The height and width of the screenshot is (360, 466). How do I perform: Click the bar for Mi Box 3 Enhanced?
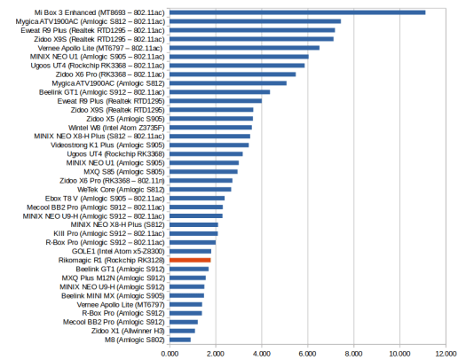pos(297,12)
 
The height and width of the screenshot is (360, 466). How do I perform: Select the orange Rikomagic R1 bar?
pos(190,261)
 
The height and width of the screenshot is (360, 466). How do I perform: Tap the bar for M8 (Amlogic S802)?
pos(180,340)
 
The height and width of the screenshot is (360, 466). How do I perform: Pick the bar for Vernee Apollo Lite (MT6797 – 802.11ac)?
pos(245,48)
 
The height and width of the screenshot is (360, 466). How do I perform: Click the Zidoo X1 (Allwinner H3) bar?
pos(182,331)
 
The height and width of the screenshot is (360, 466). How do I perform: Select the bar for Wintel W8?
pos(210,128)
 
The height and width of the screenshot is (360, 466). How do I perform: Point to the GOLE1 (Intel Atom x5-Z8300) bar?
pos(191,251)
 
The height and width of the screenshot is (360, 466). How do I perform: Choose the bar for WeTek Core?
pos(201,190)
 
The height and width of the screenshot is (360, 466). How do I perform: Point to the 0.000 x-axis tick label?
pos(170,354)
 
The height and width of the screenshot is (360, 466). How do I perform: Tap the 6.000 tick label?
pos(308,354)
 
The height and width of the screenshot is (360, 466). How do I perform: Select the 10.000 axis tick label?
pos(400,354)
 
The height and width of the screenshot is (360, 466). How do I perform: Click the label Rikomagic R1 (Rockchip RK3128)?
pos(112,261)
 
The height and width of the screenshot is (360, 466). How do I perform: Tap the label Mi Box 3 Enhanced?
pos(65,12)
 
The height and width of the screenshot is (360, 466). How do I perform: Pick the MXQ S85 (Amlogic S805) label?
pos(124,172)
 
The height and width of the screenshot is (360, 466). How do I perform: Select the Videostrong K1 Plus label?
pos(83,145)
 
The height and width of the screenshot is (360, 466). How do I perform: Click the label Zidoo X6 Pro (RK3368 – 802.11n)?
pos(112,181)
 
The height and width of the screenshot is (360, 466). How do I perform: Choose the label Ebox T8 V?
pos(61,199)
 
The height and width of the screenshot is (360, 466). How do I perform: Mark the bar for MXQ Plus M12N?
pos(188,278)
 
